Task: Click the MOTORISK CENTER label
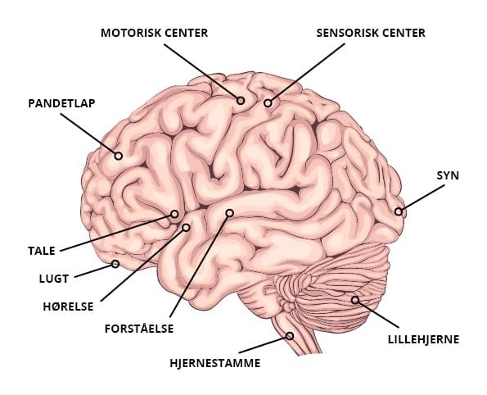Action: (x=155, y=33)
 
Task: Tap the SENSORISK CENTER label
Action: (x=371, y=33)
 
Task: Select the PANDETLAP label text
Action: (x=61, y=103)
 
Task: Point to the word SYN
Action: (x=448, y=175)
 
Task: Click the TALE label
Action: (x=42, y=251)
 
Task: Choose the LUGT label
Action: (x=54, y=279)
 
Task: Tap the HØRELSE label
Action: (x=68, y=306)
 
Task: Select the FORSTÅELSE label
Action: (x=139, y=329)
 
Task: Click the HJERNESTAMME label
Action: (x=215, y=363)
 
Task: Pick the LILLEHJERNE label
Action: (x=423, y=339)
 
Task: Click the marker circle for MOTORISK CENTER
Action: (x=241, y=101)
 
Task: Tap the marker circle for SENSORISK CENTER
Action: (x=268, y=103)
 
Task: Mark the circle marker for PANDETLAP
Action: (x=118, y=156)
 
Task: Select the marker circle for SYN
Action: (x=398, y=211)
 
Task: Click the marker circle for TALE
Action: (x=174, y=214)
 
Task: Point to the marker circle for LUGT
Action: (x=115, y=264)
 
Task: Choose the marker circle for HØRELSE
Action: (x=186, y=228)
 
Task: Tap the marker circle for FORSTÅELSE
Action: (x=229, y=213)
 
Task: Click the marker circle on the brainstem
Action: (x=290, y=336)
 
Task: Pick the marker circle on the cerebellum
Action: (x=355, y=300)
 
